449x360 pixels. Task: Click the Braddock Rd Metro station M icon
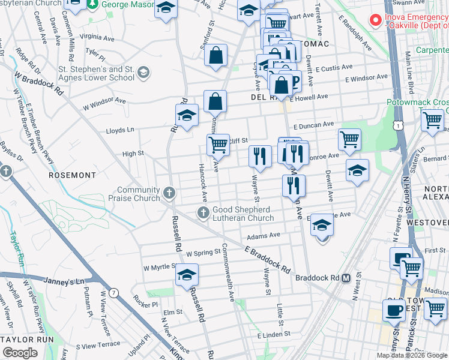(346, 278)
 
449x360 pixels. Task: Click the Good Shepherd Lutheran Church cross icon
(203, 212)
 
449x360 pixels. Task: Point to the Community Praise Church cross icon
(170, 194)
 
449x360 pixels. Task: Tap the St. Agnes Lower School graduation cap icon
(143, 73)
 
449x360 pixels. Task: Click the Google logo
(20, 353)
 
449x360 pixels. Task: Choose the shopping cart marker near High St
(218, 145)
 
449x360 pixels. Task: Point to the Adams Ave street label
(267, 236)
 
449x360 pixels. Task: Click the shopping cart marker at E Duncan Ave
(349, 139)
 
